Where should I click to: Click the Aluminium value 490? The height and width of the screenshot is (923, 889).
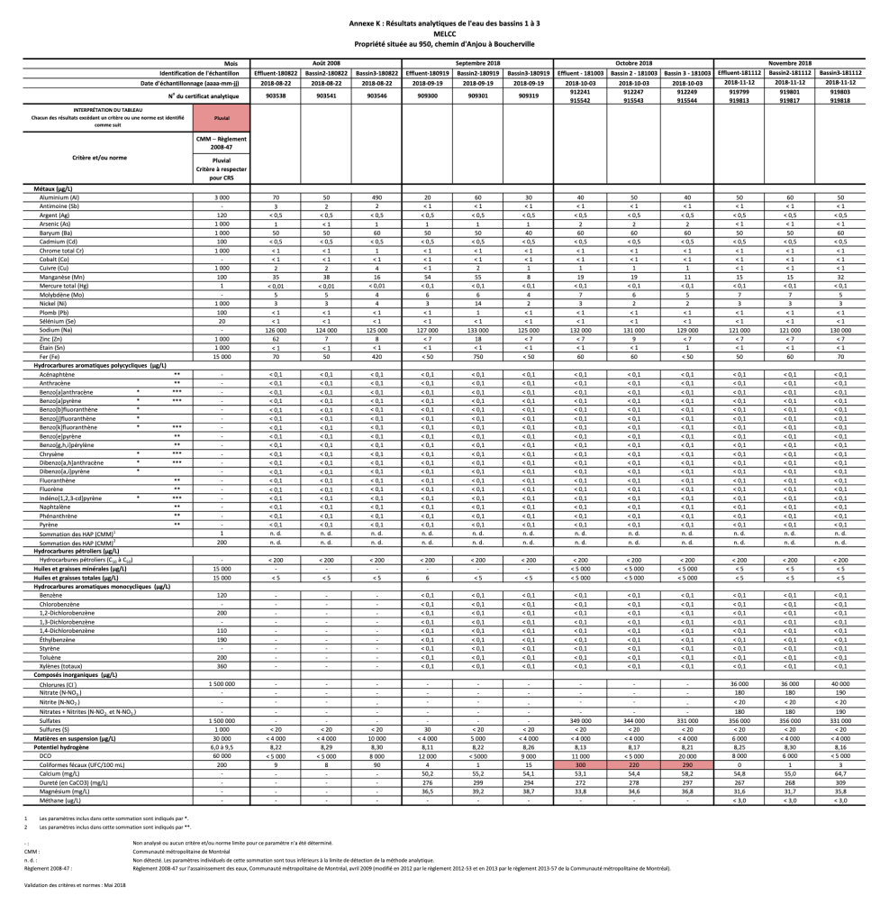tap(377, 196)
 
